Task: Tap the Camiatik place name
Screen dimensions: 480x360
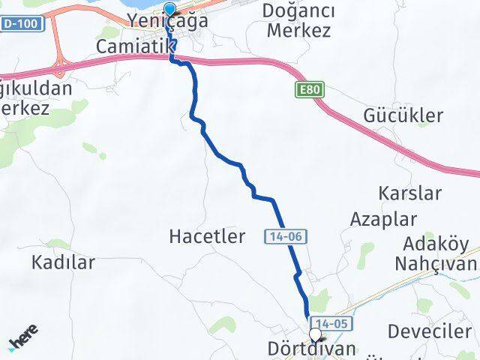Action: (135, 46)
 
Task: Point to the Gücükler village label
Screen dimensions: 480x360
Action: (403, 115)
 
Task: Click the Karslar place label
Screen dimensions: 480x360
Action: (409, 193)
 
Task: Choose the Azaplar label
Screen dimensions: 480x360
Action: (373, 219)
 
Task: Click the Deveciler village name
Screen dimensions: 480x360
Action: (430, 331)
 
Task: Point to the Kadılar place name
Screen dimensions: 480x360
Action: (63, 262)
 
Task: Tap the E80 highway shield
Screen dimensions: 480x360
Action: (301, 89)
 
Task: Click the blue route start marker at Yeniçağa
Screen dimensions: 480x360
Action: (169, 10)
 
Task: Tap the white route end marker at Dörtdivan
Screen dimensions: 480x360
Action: (315, 335)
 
